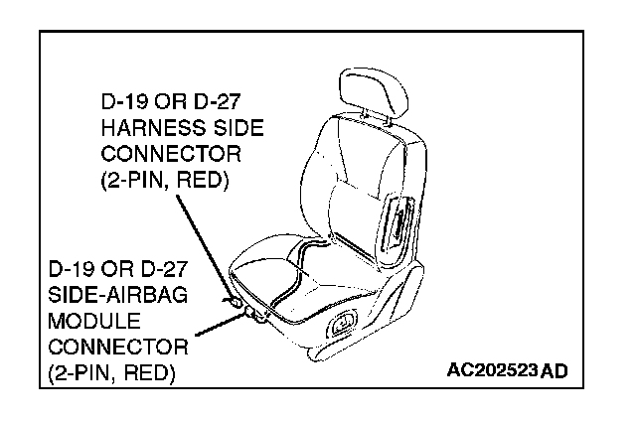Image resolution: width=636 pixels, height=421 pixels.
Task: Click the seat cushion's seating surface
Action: (298, 274)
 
